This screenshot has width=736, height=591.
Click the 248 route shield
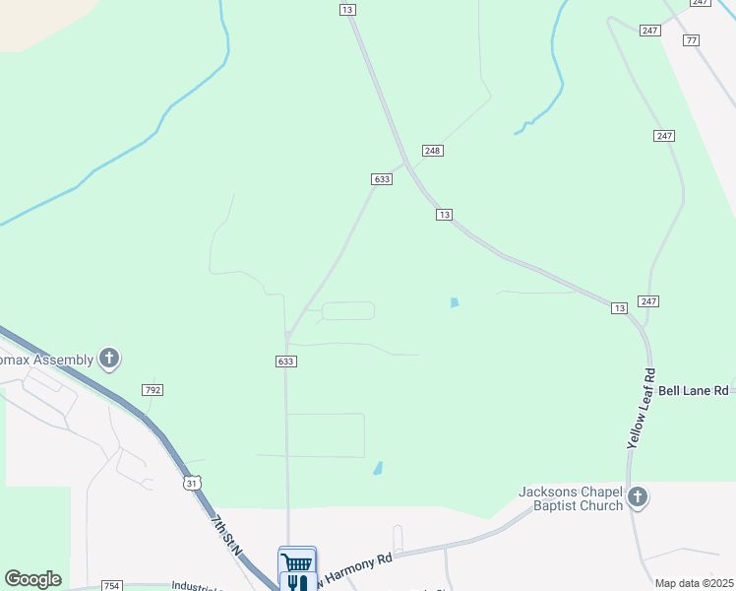(432, 150)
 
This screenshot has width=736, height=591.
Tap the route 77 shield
(692, 39)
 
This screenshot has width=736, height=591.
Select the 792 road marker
(153, 390)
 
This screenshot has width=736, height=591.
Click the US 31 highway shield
(192, 483)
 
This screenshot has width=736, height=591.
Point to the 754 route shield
(112, 585)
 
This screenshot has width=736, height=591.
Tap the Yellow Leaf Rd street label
(640, 410)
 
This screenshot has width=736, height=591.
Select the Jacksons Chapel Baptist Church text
(571, 498)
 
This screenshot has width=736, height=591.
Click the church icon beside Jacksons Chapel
(638, 497)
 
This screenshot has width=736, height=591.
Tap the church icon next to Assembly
(109, 360)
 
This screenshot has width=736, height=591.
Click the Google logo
(32, 579)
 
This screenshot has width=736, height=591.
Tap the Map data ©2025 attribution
(694, 583)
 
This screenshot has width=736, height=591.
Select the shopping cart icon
(297, 561)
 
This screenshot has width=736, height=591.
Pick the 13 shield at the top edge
(346, 9)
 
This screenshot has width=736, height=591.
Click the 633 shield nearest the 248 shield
(383, 179)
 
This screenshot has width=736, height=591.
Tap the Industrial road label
(198, 584)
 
